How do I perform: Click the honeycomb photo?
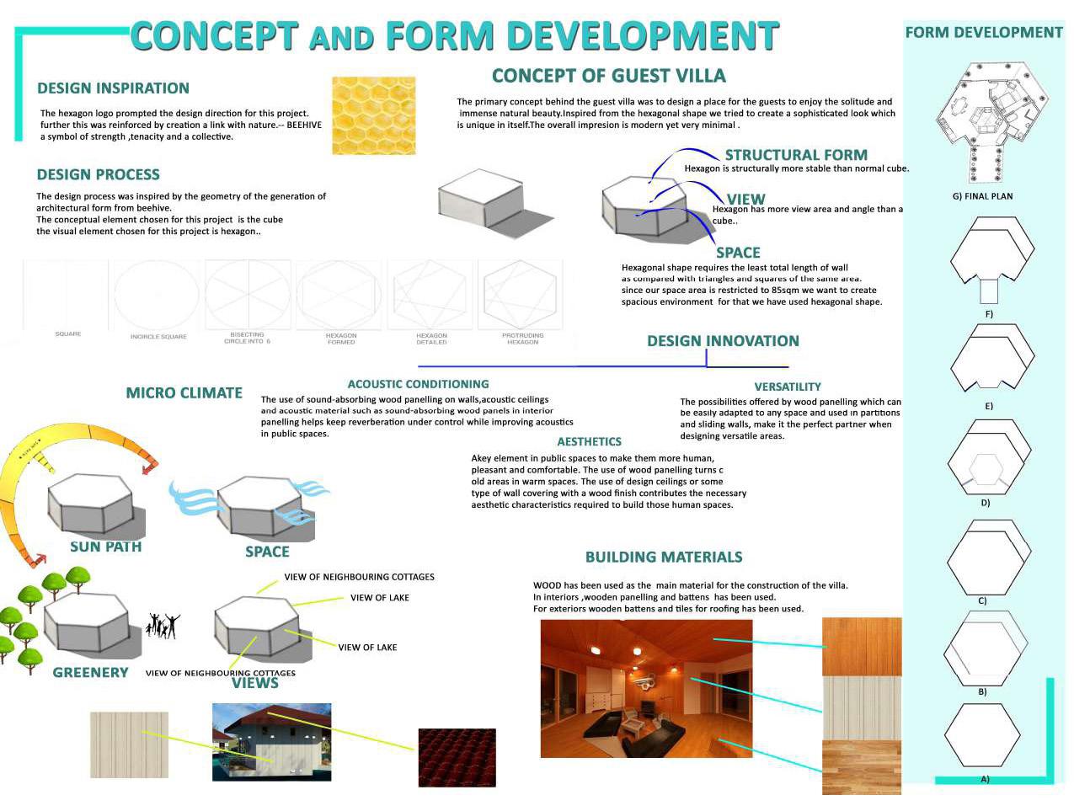(x=373, y=115)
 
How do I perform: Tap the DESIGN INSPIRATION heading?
(x=113, y=88)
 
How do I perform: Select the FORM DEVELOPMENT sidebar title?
(x=983, y=33)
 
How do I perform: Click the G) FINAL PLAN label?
(x=982, y=196)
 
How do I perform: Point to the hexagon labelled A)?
(x=982, y=734)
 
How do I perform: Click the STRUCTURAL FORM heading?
(x=796, y=155)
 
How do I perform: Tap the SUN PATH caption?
(x=105, y=547)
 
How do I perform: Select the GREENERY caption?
(x=90, y=672)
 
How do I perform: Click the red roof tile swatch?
(x=457, y=757)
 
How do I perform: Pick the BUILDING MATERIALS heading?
(x=664, y=557)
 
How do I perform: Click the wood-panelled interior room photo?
(x=646, y=688)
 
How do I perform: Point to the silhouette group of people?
(x=163, y=625)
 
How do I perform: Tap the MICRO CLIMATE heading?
(x=184, y=392)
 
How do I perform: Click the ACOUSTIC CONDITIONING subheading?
(x=418, y=384)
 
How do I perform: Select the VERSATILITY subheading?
(x=788, y=387)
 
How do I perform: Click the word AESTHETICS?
(x=589, y=441)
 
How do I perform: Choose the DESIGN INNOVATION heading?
(x=723, y=341)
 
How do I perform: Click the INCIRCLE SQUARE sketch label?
(x=158, y=337)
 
